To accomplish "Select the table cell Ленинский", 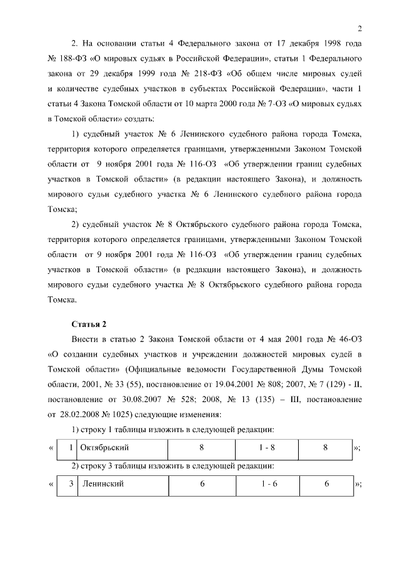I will pyautogui.click(x=102, y=484).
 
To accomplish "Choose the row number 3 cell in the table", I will pyautogui.click(x=72, y=484).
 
